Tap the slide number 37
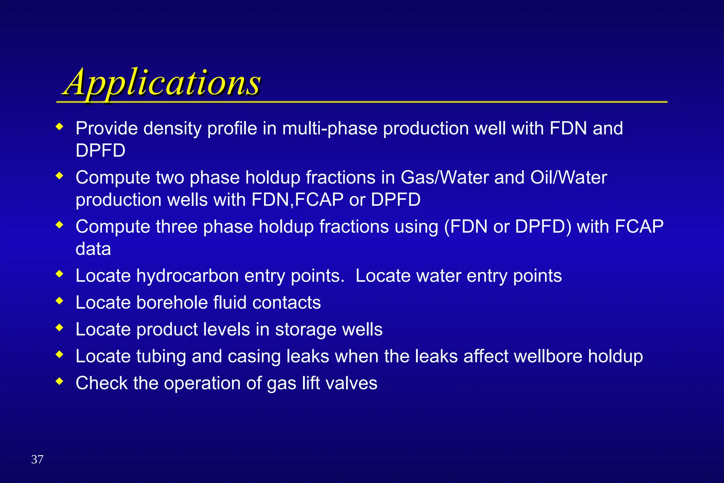point(37,459)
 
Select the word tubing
point(161,357)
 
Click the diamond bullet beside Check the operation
point(60,381)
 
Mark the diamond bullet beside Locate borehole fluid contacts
point(60,301)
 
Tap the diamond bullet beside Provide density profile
point(60,126)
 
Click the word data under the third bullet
point(93,249)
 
